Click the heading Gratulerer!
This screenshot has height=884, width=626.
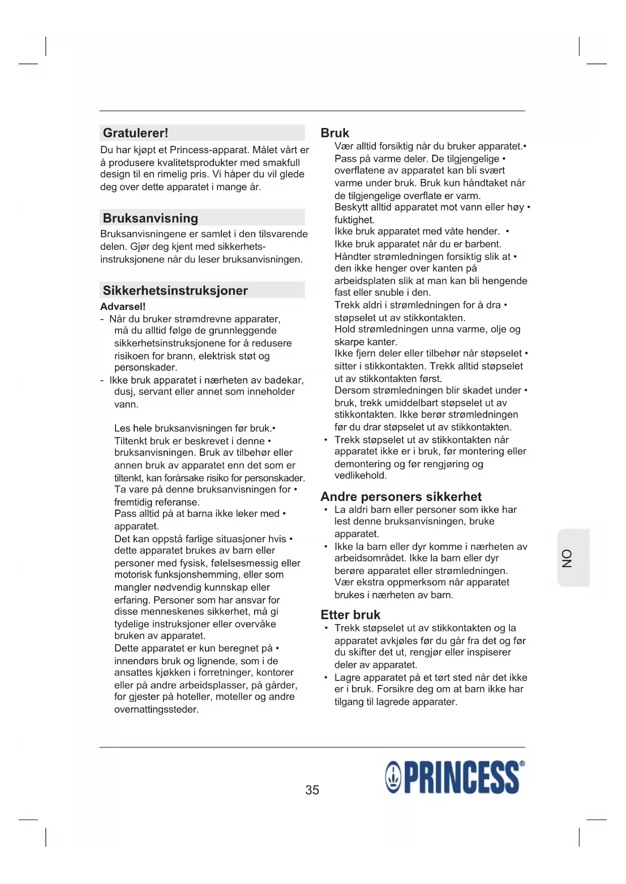pos(135,133)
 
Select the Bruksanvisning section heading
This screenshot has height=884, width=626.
pos(150,218)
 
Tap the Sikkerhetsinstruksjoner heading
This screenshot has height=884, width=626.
pos(175,290)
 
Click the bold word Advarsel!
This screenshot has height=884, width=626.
pos(123,306)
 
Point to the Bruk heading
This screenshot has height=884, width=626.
pos(335,133)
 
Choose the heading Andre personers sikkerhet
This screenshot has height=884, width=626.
pos(401,496)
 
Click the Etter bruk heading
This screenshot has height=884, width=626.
pos(351,615)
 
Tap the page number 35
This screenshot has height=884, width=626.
pos(312,790)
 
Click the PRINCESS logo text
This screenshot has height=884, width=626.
pos(462,778)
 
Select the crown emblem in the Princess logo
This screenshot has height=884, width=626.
pos(393,778)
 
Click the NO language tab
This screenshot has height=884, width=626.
pos(568,558)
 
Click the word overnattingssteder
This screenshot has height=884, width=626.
pos(156,710)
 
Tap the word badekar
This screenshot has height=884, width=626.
pos(284,380)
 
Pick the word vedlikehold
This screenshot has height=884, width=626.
pos(360,475)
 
